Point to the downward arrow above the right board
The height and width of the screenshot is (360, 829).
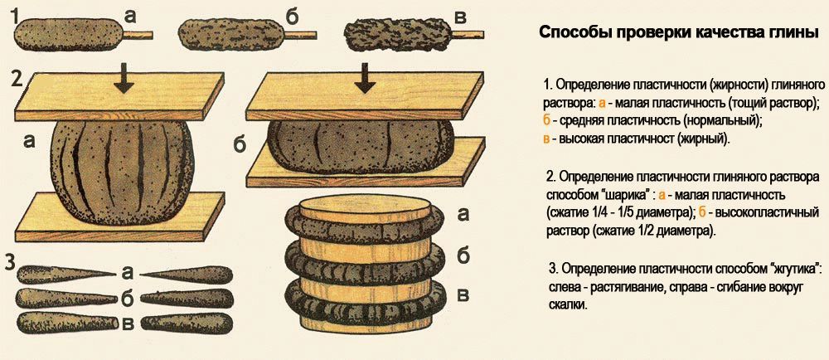(362, 79)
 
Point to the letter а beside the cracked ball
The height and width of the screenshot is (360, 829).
(31, 142)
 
